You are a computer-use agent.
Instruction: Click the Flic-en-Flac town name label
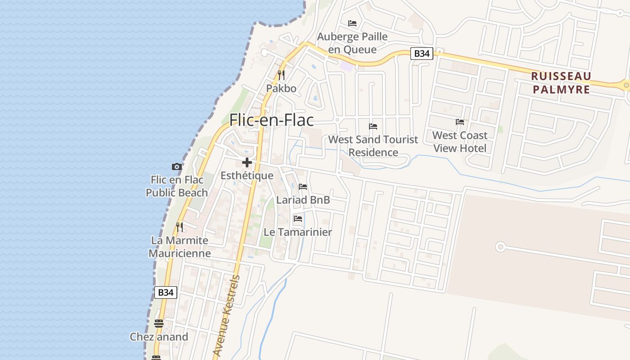[271, 120]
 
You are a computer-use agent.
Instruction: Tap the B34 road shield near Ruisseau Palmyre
[421, 54]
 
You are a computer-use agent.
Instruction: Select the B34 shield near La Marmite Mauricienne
[166, 292]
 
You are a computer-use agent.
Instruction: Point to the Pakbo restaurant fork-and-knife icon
[281, 75]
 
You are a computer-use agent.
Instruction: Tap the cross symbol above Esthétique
[247, 162]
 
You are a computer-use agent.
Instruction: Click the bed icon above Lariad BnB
[303, 186]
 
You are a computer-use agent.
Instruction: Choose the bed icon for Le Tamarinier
[297, 219]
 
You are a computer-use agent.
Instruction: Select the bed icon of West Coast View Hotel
[459, 121]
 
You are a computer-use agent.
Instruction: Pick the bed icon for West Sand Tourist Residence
[373, 126]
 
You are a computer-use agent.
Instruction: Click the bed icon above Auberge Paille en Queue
[352, 23]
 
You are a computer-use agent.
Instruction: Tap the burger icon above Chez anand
[158, 323]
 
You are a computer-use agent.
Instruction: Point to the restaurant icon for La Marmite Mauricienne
[180, 227]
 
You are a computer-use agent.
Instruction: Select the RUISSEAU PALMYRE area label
[561, 82]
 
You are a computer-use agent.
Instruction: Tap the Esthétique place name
[247, 175]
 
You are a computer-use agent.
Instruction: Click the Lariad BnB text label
[303, 200]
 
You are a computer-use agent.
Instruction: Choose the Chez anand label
[159, 337]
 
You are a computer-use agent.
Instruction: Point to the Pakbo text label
[281, 88]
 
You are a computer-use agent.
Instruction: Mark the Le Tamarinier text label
[297, 232]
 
